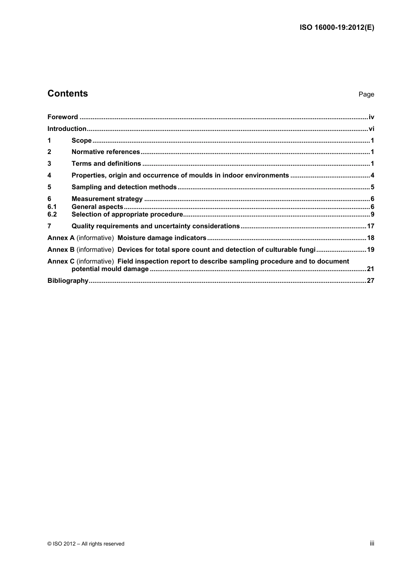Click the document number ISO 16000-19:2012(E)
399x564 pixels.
[x=336, y=28]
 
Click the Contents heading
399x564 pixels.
[x=68, y=94]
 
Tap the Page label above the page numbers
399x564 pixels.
[x=366, y=94]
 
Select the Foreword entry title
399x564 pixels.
[x=63, y=117]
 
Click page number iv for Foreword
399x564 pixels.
[x=371, y=117]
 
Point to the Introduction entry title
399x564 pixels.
[x=67, y=129]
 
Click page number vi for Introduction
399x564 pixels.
[x=371, y=129]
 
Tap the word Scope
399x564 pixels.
[x=81, y=141]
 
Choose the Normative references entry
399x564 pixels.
[x=105, y=152]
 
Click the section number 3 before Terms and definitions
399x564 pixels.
[x=49, y=164]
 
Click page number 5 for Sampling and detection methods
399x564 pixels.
[x=372, y=187]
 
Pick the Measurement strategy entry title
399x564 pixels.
[x=107, y=199]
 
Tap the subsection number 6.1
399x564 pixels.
[x=52, y=207]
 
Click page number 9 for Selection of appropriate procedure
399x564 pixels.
[x=372, y=214]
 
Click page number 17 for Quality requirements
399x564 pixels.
[x=370, y=226]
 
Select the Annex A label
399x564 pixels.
[x=60, y=238]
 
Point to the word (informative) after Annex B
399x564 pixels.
[x=95, y=250]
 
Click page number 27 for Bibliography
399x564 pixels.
[x=370, y=281]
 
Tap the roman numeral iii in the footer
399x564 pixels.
[x=372, y=543]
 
